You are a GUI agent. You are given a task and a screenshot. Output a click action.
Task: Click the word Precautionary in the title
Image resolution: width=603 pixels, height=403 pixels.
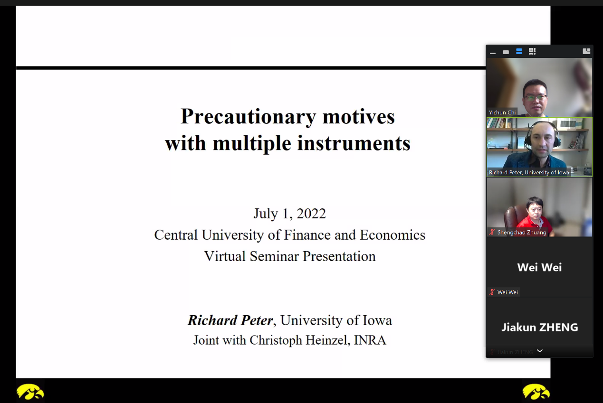pyautogui.click(x=248, y=117)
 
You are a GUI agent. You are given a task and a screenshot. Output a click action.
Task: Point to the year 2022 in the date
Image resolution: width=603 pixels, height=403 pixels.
pyautogui.click(x=311, y=214)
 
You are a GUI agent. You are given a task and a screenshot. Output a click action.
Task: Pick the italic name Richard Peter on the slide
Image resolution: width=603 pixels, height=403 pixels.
pyautogui.click(x=230, y=320)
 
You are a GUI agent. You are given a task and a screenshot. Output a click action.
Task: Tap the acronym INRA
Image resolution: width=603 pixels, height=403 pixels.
pyautogui.click(x=370, y=340)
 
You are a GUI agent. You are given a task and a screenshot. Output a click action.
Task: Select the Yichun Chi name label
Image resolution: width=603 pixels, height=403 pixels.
pyautogui.click(x=502, y=112)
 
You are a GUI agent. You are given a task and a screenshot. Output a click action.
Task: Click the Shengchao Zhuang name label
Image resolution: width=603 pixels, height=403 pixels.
pyautogui.click(x=522, y=232)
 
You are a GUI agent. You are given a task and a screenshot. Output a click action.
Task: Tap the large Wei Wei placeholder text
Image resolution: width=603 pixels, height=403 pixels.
pyautogui.click(x=539, y=268)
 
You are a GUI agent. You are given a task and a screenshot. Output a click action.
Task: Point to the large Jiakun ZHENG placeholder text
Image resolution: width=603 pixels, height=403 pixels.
pyautogui.click(x=540, y=328)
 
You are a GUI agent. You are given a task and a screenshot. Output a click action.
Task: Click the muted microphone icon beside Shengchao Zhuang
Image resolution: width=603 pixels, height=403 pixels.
pyautogui.click(x=492, y=232)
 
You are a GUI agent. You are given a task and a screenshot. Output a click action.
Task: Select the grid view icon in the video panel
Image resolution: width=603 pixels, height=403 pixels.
pyautogui.click(x=532, y=51)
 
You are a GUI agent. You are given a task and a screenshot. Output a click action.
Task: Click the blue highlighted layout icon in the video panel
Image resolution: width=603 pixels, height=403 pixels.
pyautogui.click(x=519, y=51)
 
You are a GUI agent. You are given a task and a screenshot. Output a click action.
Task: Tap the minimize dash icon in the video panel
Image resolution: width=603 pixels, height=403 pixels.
pyautogui.click(x=493, y=53)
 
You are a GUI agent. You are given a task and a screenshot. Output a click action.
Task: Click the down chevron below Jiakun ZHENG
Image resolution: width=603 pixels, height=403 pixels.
pyautogui.click(x=540, y=351)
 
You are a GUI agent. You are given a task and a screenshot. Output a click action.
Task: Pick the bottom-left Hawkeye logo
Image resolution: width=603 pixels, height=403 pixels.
pyautogui.click(x=30, y=392)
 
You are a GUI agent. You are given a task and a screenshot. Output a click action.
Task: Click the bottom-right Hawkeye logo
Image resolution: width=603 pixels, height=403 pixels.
pyautogui.click(x=536, y=392)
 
